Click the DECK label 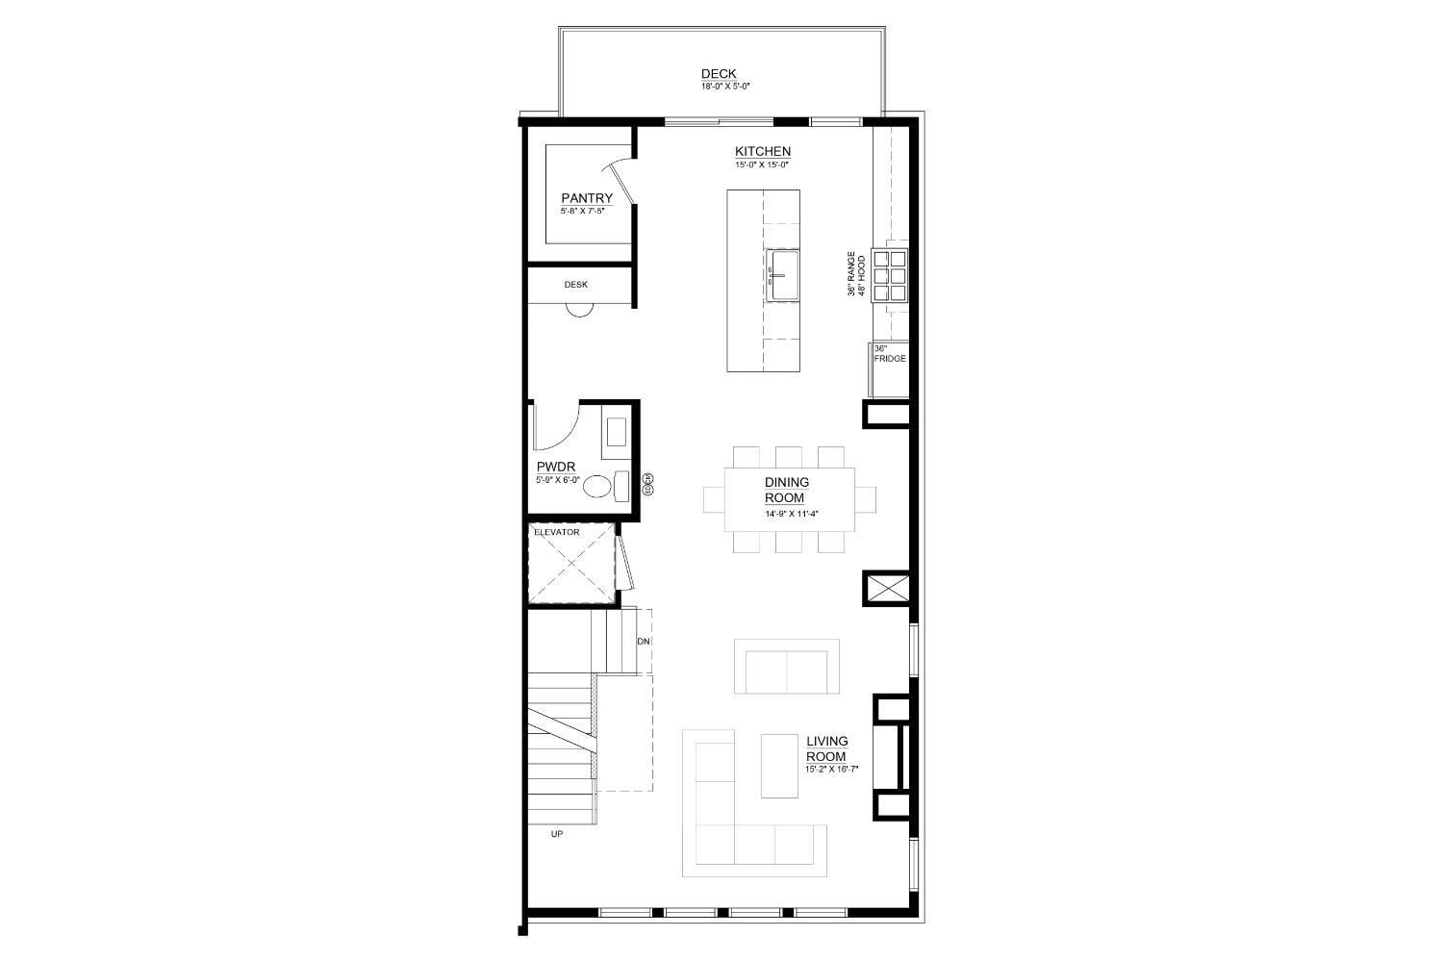coord(719,74)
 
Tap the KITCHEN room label coord(763,152)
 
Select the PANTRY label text coord(587,199)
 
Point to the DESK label coord(575,285)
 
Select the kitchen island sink coord(782,276)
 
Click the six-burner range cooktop coord(890,275)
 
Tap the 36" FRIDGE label coord(889,354)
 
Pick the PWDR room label coord(556,468)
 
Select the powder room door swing coord(556,427)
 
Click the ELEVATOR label coord(556,532)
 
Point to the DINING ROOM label coord(786,490)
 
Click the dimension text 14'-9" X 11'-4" coord(791,514)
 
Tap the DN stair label coord(644,641)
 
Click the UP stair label coord(557,834)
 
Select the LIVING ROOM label coord(826,748)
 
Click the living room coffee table coord(779,766)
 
